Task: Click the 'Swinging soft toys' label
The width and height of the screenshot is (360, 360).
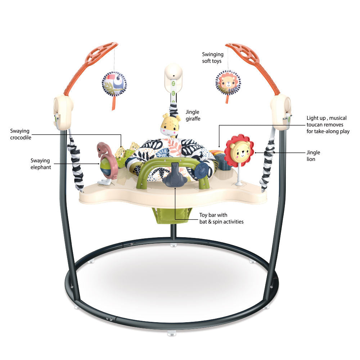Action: click(x=212, y=58)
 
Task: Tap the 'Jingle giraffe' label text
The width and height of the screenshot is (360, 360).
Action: click(x=193, y=115)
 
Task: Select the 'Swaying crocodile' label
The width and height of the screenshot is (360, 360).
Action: click(x=21, y=134)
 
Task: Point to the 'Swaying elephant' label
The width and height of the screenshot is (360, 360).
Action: click(x=40, y=164)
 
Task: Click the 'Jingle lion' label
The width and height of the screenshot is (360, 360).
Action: click(x=313, y=156)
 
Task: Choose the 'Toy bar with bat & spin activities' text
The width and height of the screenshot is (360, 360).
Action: click(x=221, y=219)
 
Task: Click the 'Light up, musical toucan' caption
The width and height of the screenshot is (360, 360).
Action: click(x=328, y=125)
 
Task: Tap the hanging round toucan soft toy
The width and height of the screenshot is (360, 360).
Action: click(x=114, y=84)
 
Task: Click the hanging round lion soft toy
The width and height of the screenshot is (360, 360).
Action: click(x=228, y=82)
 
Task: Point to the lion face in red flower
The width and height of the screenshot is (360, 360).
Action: click(x=239, y=152)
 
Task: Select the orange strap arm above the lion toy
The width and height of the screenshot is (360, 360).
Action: click(x=252, y=58)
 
